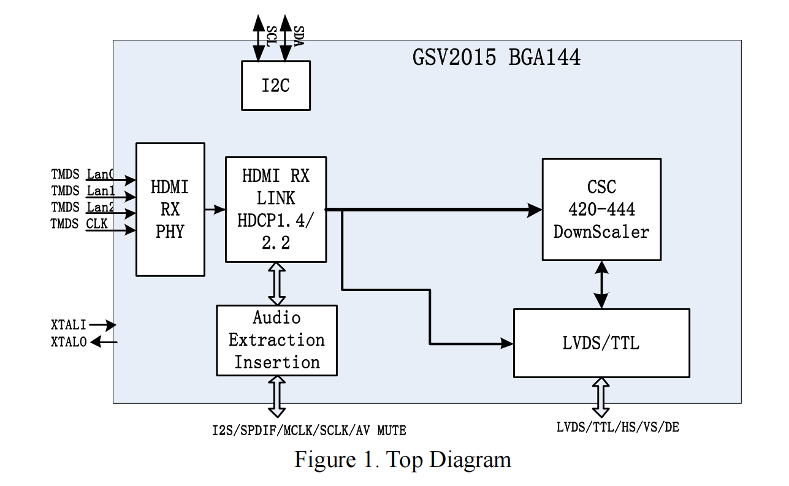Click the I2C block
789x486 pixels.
tap(275, 85)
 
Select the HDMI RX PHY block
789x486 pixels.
tap(170, 209)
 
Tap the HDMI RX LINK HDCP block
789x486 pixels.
tap(275, 209)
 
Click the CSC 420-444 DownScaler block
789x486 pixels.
tap(601, 209)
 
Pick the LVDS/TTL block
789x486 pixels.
tap(601, 343)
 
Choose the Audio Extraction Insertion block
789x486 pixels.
tap(276, 340)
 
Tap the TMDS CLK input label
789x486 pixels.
tap(79, 224)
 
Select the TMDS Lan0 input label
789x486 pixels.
tap(82, 175)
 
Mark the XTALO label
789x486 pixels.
tap(69, 343)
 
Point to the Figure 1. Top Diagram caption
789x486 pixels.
tap(402, 459)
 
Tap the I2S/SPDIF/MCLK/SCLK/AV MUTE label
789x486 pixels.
tap(309, 431)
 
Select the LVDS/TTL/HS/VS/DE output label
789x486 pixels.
tap(617, 427)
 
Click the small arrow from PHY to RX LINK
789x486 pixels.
tap(215, 210)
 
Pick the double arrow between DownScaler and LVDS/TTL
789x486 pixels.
tap(601, 284)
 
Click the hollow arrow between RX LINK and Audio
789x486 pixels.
tap(276, 283)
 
